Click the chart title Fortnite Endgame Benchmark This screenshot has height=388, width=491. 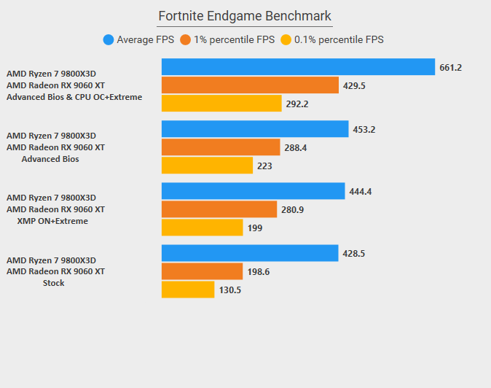click(245, 16)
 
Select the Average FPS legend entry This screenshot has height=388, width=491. click(138, 40)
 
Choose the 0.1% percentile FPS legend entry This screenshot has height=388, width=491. click(332, 40)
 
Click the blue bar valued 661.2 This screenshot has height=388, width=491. click(298, 67)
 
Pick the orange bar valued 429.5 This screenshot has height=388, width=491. click(250, 85)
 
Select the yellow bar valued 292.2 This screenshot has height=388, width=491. click(221, 104)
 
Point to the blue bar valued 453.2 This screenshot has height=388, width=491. click(255, 129)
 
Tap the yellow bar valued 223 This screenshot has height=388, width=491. click(207, 166)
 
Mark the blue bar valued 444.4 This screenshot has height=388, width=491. click(253, 191)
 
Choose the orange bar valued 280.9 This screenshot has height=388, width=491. click(219, 209)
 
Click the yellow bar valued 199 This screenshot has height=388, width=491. click(202, 228)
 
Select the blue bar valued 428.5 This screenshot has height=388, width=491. click(250, 253)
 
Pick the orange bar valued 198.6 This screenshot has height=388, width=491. click(202, 271)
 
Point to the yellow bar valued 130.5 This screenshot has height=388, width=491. click(187, 290)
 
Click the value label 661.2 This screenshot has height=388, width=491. click(451, 68)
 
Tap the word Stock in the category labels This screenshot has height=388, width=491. click(53, 283)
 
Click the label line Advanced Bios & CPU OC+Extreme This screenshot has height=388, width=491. click(74, 97)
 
